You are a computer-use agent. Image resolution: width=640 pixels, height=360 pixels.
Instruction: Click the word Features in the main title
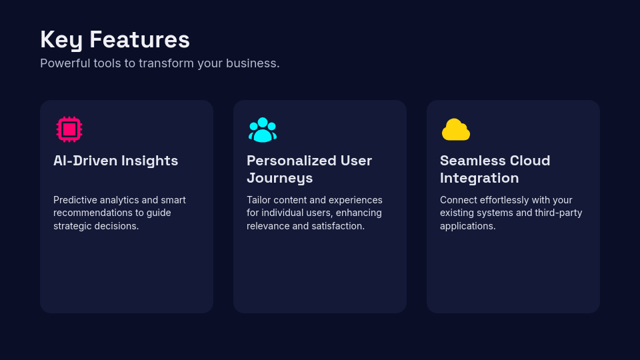click(x=139, y=40)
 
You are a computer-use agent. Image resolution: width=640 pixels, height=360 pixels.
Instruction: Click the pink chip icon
click(x=69, y=129)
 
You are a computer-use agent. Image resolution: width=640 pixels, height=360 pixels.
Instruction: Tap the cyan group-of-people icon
click(x=263, y=129)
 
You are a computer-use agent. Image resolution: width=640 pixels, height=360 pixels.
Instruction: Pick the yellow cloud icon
click(x=456, y=129)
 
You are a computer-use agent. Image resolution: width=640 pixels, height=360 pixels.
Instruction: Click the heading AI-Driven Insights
click(x=115, y=161)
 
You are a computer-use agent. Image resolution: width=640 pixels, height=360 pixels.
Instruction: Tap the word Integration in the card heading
click(x=479, y=178)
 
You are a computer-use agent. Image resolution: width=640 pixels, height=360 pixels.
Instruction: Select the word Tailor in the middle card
click(x=259, y=200)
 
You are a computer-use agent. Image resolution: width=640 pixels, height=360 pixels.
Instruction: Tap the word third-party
click(x=558, y=213)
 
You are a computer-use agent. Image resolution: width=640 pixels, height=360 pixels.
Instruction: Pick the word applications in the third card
click(x=467, y=226)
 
